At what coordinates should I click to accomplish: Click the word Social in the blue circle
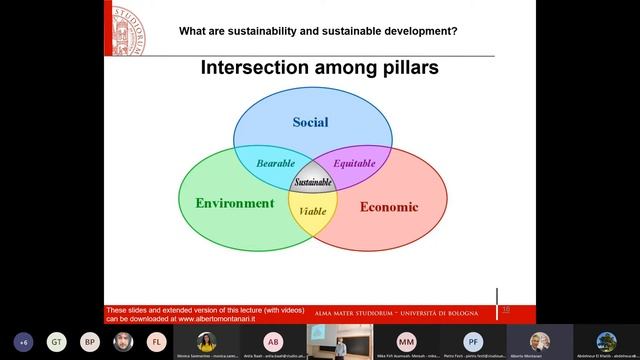coord(310,123)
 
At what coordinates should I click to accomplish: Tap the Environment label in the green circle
coord(234,203)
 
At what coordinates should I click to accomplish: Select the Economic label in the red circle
coord(388,207)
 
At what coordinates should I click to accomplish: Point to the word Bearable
coord(275,162)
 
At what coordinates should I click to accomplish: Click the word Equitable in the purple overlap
coord(353,162)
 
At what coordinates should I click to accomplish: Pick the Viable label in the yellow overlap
coord(313,211)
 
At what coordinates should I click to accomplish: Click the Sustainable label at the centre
coord(313,183)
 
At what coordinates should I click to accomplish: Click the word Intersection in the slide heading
coord(254,68)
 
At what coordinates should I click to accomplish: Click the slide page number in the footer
coord(506,310)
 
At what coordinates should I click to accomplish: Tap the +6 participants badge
coord(23,341)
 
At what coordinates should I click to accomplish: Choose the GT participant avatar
coord(57,341)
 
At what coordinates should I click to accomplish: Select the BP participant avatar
coord(90,341)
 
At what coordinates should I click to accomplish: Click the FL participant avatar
coord(156,341)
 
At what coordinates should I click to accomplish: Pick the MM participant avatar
coord(406,341)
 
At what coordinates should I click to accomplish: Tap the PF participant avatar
coord(473,341)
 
